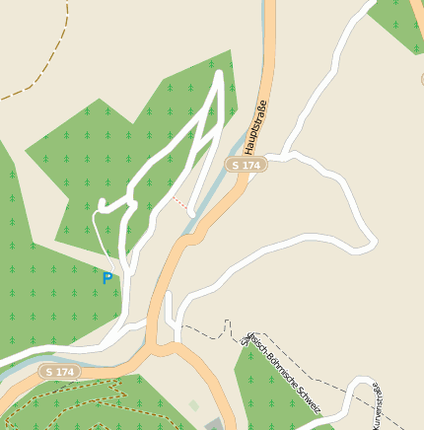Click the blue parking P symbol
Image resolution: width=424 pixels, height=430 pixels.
point(107,278)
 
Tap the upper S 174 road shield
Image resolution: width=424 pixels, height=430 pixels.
point(246,166)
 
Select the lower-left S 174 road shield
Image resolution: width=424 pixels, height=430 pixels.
point(59,372)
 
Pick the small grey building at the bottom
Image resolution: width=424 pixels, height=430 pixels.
point(215,424)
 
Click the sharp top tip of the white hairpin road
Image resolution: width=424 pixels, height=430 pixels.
point(218,71)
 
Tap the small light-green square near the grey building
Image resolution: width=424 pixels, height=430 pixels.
point(194,404)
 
